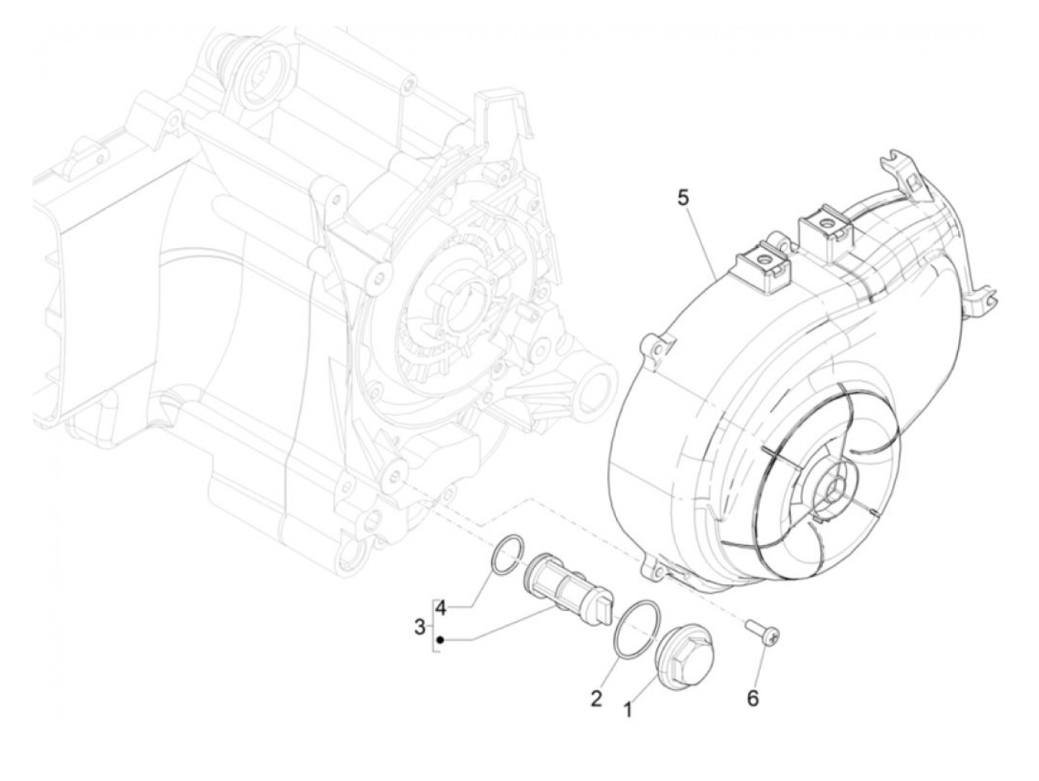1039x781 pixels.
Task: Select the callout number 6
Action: (x=753, y=698)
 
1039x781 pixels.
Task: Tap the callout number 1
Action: (x=627, y=710)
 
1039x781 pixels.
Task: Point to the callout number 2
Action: (x=596, y=698)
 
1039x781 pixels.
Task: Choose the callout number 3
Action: (x=420, y=627)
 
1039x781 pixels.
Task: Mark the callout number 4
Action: (x=441, y=609)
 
